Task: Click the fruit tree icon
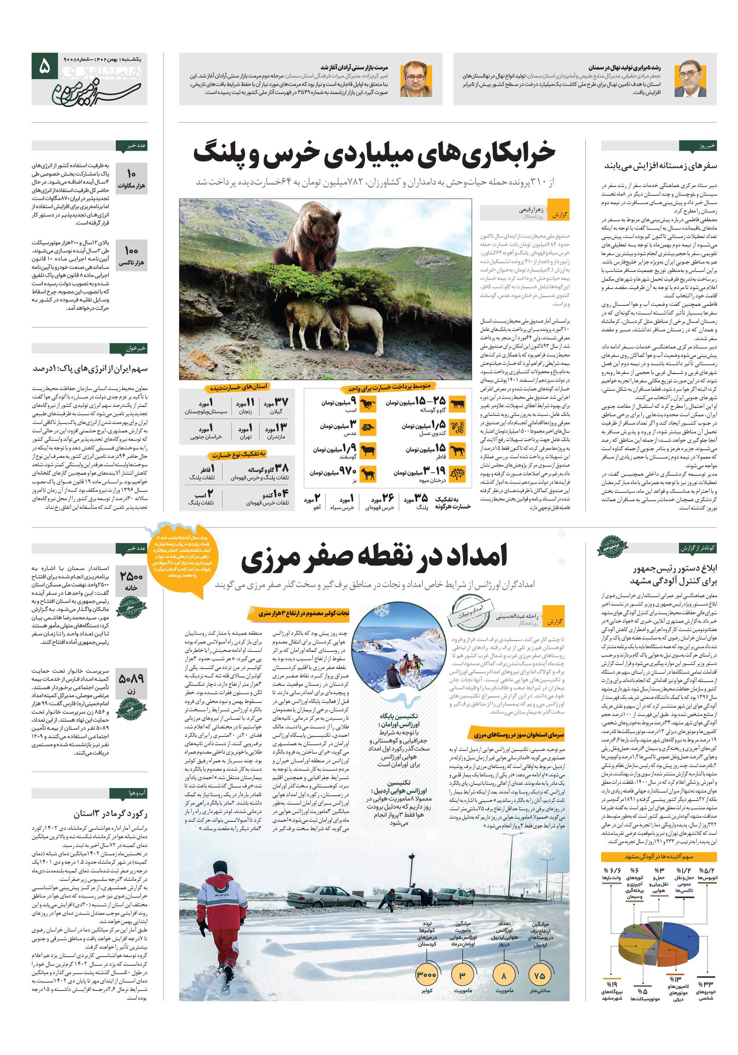pos(458,474)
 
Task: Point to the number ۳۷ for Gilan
pos(281,402)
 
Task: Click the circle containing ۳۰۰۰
pos(426,974)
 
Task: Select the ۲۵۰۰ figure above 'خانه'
pos(131,576)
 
